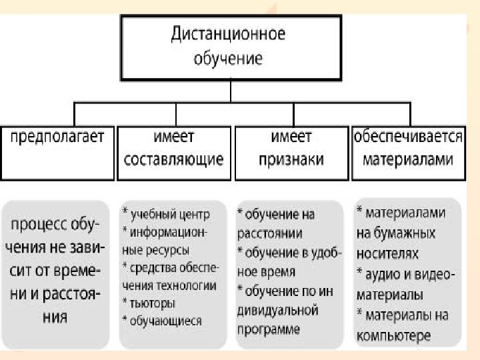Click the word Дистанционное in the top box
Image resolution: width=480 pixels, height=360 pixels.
click(x=229, y=34)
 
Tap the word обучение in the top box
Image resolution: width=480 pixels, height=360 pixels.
click(x=229, y=59)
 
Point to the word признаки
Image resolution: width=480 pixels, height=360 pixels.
click(x=292, y=160)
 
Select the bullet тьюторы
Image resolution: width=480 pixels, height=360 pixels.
click(x=153, y=303)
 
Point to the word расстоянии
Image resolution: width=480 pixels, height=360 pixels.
click(x=270, y=233)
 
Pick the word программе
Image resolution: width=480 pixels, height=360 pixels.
click(x=269, y=329)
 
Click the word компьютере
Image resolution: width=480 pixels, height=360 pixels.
click(x=393, y=335)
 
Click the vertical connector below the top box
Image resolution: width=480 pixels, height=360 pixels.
click(x=229, y=91)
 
